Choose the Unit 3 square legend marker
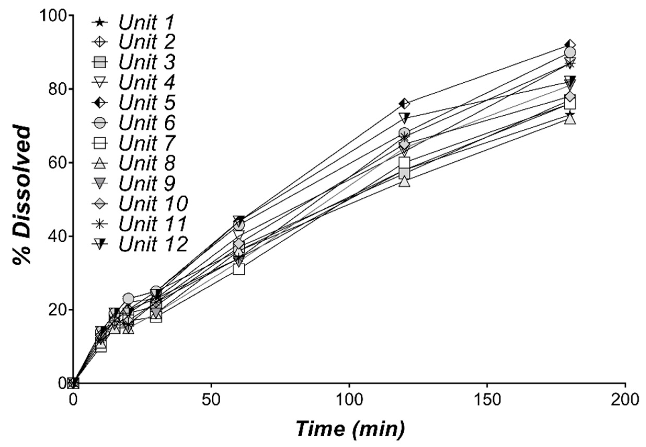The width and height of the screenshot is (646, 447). point(100,62)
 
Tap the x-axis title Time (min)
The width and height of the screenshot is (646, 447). point(351,428)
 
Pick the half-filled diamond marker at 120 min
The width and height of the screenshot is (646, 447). point(404,104)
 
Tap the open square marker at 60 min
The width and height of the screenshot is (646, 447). point(239,269)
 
